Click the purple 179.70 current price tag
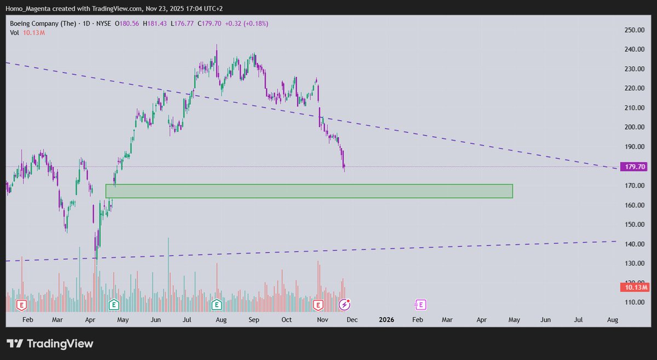(633, 167)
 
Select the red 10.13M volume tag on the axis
(634, 287)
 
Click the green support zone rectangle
(309, 191)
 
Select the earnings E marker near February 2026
(420, 304)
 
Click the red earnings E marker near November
(318, 304)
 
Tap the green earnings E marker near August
(217, 304)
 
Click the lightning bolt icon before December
(344, 304)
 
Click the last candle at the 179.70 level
(344, 166)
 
